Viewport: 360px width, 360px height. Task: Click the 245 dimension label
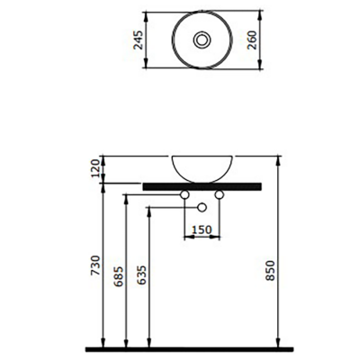point(139,40)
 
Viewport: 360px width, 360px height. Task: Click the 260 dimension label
point(252,40)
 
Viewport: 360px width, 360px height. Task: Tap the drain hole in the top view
point(202,40)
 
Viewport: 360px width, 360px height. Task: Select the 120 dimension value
point(95,168)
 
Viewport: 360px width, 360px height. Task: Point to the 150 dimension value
point(202,229)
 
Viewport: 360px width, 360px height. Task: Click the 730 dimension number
point(95,265)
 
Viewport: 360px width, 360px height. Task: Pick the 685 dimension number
point(119,276)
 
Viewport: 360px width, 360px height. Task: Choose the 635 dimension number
point(141,276)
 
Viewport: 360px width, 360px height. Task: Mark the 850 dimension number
point(270,271)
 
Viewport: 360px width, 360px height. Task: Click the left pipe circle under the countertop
point(184,195)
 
